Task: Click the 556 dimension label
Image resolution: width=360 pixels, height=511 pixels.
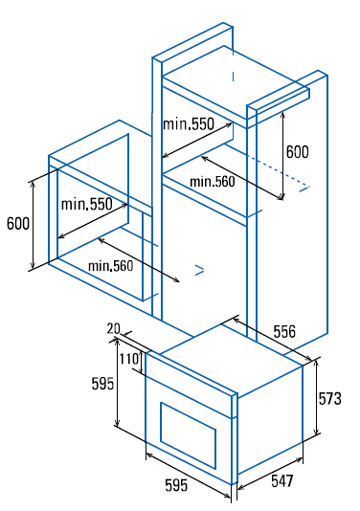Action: click(284, 332)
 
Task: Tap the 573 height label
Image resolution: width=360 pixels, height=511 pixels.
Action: click(329, 399)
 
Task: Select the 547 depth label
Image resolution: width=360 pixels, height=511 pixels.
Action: click(282, 481)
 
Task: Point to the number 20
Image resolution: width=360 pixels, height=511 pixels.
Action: click(114, 328)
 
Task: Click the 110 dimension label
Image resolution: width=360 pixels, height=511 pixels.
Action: click(129, 359)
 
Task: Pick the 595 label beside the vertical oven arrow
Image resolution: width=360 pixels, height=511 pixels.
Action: click(102, 383)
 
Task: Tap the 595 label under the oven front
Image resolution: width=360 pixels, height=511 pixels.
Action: click(176, 485)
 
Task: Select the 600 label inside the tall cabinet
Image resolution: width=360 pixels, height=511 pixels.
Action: click(297, 152)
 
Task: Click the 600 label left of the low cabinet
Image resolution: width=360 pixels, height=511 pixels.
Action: click(18, 224)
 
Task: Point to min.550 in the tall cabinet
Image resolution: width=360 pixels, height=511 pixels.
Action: click(189, 124)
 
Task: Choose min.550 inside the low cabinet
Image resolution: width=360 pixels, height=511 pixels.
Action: click(87, 205)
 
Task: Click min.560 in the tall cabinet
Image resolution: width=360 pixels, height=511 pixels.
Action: click(213, 182)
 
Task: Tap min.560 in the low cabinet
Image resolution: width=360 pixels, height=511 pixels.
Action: click(111, 266)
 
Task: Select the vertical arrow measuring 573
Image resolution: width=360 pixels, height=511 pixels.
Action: click(316, 398)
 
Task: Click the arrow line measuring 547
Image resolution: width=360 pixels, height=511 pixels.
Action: click(270, 474)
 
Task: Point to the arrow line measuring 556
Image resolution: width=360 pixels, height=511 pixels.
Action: click(273, 340)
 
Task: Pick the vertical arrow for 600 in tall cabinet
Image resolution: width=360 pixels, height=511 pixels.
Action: click(283, 155)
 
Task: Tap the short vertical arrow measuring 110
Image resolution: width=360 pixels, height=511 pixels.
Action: click(141, 362)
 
